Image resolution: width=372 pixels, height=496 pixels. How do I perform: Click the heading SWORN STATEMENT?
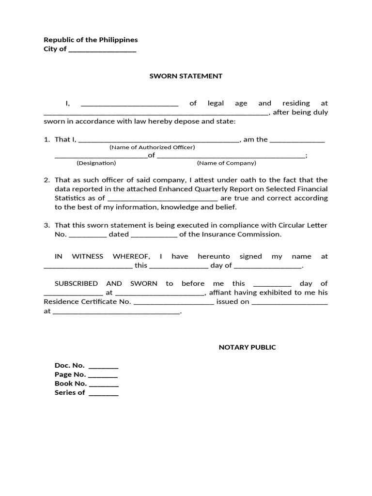(186, 76)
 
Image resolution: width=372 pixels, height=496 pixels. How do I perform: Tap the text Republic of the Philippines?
(91, 40)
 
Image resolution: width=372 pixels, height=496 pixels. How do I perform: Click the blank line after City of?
(102, 50)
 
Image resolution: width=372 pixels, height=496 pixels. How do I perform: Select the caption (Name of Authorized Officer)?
(152, 147)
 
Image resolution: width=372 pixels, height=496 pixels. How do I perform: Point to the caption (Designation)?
(96, 163)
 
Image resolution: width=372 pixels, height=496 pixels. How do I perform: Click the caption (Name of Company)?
(226, 163)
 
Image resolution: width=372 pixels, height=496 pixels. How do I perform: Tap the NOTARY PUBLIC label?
(247, 347)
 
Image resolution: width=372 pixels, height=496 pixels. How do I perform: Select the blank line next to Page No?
(103, 376)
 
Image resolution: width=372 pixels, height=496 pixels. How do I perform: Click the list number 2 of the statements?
(47, 180)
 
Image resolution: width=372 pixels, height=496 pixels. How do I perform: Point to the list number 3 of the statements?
(47, 225)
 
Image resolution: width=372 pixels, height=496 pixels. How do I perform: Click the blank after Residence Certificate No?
(173, 303)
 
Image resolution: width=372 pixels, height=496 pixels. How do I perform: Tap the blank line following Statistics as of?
(162, 199)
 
